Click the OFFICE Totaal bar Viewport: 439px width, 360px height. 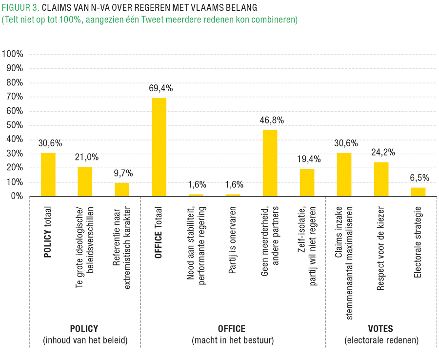pyautogui.click(x=159, y=147)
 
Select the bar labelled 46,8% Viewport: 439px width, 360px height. pyautogui.click(x=270, y=163)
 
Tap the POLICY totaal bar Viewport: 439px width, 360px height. pyautogui.click(x=48, y=174)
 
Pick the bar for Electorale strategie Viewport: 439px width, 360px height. pyautogui.click(x=418, y=192)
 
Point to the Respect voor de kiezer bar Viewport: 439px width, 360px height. pyautogui.click(x=381, y=179)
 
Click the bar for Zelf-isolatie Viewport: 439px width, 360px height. pyautogui.click(x=307, y=182)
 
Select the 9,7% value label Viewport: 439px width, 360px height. pyautogui.click(x=122, y=173)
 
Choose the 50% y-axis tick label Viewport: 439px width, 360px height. pyautogui.click(x=15, y=125)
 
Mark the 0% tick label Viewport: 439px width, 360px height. pyautogui.click(x=17, y=196)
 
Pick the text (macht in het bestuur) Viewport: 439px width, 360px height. pyautogui.click(x=232, y=340)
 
